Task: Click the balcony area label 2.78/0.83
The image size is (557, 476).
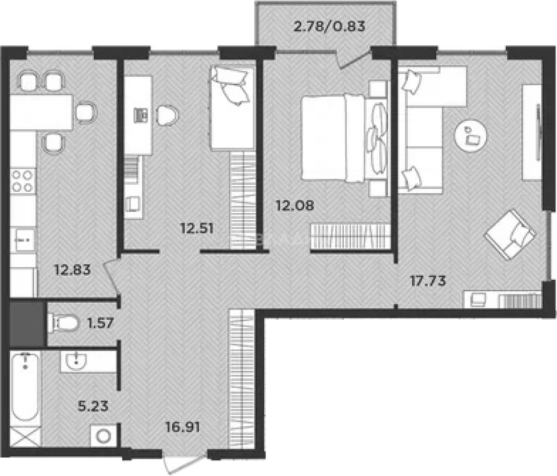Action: pyautogui.click(x=330, y=27)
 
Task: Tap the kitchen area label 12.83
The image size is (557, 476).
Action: pyautogui.click(x=72, y=270)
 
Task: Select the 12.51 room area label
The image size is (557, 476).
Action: pyautogui.click(x=197, y=229)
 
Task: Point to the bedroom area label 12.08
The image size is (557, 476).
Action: pyautogui.click(x=294, y=206)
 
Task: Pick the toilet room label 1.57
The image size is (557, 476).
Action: pyautogui.click(x=100, y=323)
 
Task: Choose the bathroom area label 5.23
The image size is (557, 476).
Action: pyautogui.click(x=93, y=406)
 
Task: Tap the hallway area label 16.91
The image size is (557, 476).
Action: pyautogui.click(x=182, y=428)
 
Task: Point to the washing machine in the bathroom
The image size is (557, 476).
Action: pyautogui.click(x=104, y=436)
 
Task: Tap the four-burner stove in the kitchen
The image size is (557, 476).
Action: pyautogui.click(x=23, y=181)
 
